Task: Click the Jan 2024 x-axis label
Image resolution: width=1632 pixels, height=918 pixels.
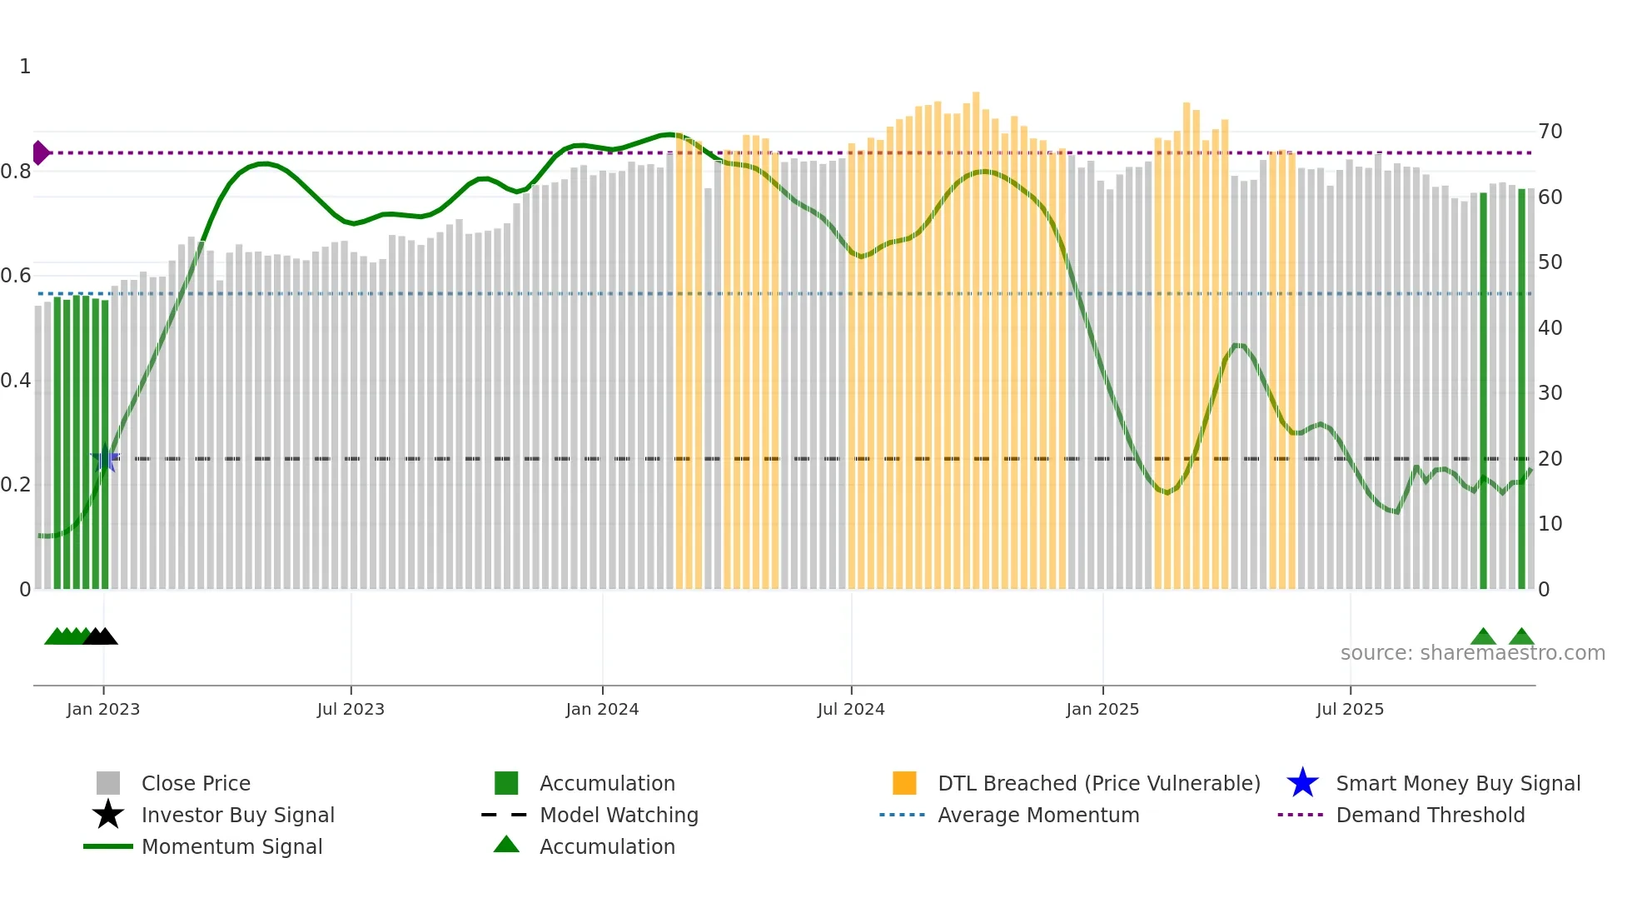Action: (x=602, y=709)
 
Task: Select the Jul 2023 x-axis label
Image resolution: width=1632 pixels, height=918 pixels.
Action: (x=351, y=709)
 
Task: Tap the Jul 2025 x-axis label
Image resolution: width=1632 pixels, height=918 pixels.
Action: (x=1350, y=709)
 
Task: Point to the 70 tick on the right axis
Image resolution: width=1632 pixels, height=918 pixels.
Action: (x=1550, y=132)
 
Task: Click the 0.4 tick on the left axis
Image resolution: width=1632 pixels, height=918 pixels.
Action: (x=16, y=381)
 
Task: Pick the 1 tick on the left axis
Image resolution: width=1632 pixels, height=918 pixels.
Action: (x=25, y=67)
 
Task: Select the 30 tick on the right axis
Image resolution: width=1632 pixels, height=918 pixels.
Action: (x=1550, y=392)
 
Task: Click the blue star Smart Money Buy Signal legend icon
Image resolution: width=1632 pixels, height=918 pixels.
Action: (x=1302, y=783)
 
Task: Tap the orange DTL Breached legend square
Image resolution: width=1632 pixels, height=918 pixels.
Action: (x=904, y=783)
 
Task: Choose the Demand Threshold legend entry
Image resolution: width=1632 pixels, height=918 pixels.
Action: (x=1430, y=815)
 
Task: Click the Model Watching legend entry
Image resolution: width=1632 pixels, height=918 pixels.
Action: (x=618, y=815)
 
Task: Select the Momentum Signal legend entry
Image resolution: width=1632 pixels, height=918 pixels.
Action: (x=231, y=846)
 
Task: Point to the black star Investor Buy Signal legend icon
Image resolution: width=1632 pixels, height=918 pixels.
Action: (x=108, y=815)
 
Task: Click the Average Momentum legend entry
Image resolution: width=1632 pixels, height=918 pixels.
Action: (x=1037, y=815)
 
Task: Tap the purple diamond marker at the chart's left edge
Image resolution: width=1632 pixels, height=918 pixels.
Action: (x=40, y=153)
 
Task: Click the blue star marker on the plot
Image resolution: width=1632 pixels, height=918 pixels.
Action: (x=105, y=459)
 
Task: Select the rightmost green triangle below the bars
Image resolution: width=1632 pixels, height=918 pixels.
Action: (x=1521, y=637)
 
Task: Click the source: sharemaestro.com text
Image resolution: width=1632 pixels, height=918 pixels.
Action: (x=1472, y=653)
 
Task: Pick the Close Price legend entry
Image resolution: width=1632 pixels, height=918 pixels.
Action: (x=195, y=783)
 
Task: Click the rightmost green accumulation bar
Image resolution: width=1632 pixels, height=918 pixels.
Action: (x=1521, y=392)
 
